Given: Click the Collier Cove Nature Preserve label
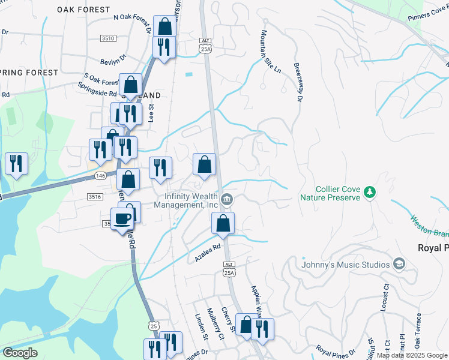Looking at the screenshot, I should tap(330, 193).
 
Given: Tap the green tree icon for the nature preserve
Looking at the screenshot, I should tap(371, 192).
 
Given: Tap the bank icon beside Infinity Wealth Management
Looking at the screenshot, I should tap(227, 199).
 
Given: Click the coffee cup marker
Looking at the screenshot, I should tap(123, 219).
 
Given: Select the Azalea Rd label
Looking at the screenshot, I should tap(208, 251).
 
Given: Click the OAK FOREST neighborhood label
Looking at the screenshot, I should tap(83, 10).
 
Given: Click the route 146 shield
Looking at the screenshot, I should tap(100, 176).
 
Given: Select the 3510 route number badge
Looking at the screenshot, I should tap(108, 38).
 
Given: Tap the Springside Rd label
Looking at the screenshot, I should tap(97, 93).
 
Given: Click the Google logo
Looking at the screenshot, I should tap(20, 353).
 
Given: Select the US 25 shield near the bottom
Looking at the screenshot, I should tap(154, 325).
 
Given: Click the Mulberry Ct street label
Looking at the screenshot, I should tap(214, 324).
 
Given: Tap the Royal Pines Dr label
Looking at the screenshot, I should tap(336, 349).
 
